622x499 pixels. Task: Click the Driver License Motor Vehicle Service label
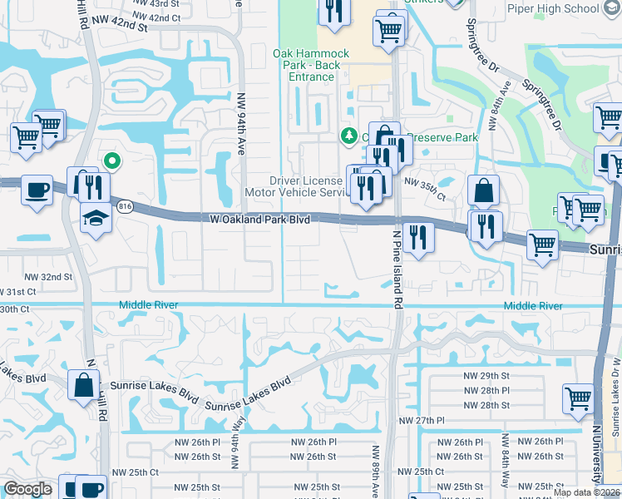coord(306,186)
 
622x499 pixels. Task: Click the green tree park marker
coord(350,136)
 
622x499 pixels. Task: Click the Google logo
coord(28,489)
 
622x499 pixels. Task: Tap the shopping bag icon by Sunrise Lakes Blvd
coord(84,385)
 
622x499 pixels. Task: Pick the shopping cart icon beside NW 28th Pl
coord(577,397)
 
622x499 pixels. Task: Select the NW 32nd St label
coord(49,276)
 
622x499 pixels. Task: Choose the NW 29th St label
coord(486,376)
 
